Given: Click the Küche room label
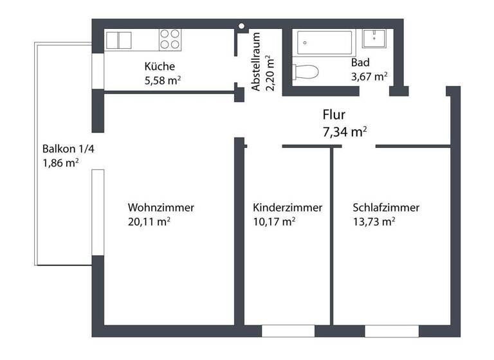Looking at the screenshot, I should click(x=160, y=66).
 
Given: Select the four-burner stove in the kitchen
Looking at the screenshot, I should click(x=170, y=39).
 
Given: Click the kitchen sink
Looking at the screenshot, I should click(x=118, y=40).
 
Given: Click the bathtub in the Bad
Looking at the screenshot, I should click(x=325, y=43).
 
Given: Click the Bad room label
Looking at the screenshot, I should click(x=360, y=63).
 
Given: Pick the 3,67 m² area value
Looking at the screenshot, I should click(x=369, y=76).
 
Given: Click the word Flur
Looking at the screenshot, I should click(x=334, y=115).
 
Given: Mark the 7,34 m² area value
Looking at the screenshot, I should click(x=344, y=132).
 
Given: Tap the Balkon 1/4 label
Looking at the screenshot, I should click(x=63, y=148).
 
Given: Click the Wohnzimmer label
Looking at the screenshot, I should click(x=161, y=208).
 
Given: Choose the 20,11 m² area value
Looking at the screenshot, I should click(x=149, y=222).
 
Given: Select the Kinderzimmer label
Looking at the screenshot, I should click(x=288, y=208).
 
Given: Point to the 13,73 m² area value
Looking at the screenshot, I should click(x=374, y=222).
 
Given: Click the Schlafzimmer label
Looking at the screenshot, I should click(x=386, y=208).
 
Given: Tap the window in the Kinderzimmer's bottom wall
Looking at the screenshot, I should click(x=288, y=331).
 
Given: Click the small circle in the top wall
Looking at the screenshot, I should click(x=242, y=26).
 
